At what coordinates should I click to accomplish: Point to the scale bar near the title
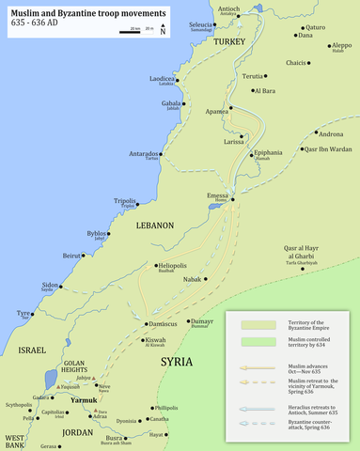[x=136, y=31]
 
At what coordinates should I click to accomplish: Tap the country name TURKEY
[x=227, y=43]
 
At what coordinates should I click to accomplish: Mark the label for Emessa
[x=218, y=195]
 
